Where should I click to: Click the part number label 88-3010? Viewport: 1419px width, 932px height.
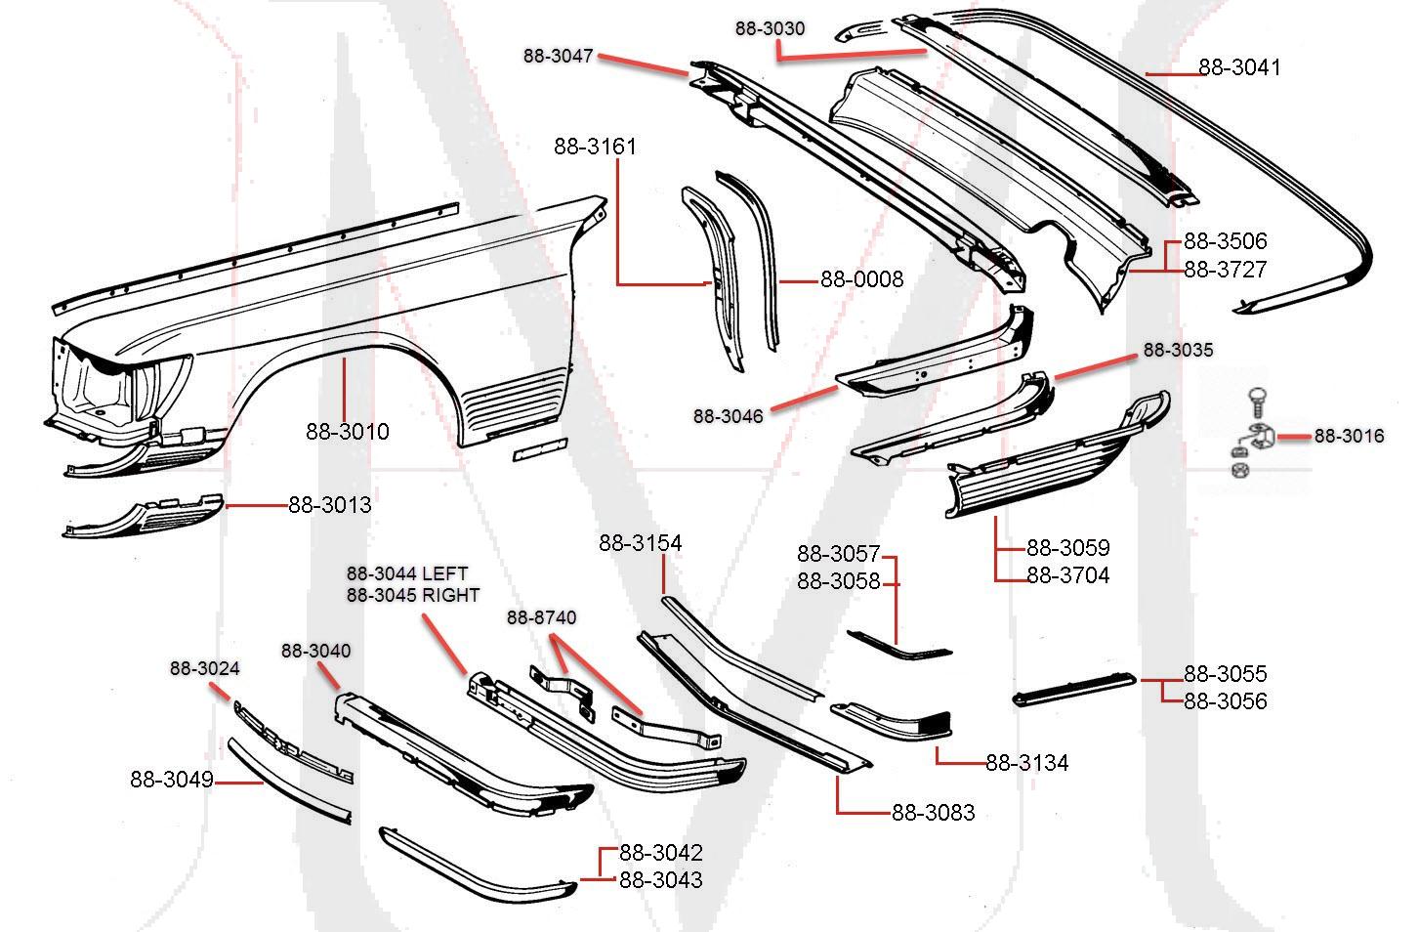point(347,431)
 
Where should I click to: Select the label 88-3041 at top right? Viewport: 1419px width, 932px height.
point(1238,67)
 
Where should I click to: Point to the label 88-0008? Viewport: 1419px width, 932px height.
point(861,279)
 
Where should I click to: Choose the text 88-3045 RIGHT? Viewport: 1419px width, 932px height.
point(412,594)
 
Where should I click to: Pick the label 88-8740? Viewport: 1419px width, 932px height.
point(540,617)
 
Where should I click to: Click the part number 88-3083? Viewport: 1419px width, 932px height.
point(932,813)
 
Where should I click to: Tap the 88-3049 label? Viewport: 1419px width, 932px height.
point(171,780)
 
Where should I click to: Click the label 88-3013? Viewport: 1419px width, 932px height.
point(329,505)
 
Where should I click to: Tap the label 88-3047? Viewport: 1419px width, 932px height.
point(558,57)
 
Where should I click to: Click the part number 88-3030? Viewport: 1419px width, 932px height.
point(770,28)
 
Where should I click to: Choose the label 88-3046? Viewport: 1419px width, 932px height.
point(728,416)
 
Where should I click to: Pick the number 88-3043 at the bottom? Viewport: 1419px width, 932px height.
point(660,880)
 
